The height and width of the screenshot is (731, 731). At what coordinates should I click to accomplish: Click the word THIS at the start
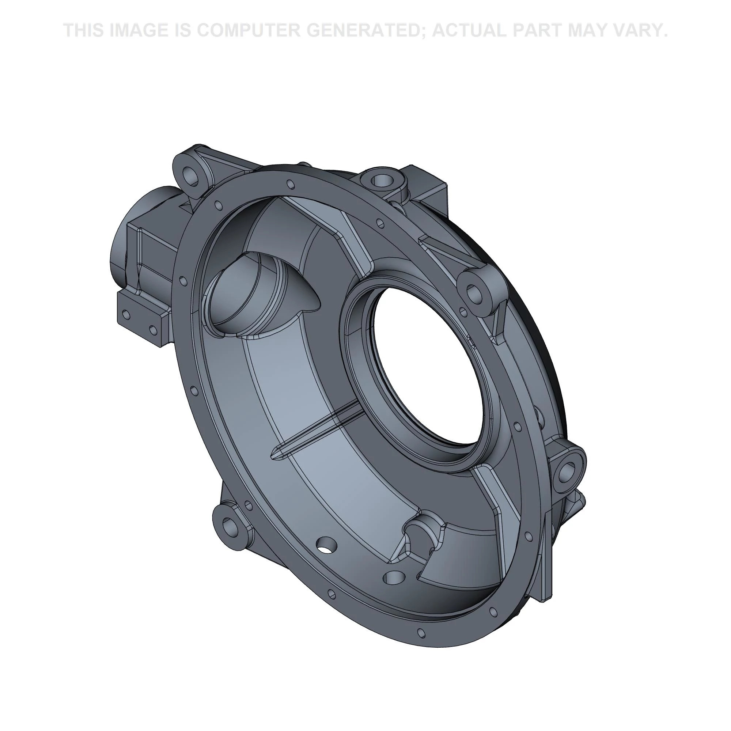(84, 31)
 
